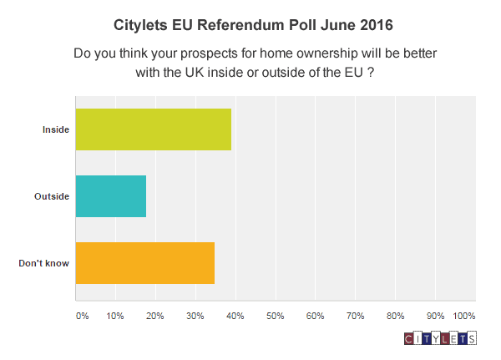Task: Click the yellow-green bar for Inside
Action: pos(154,129)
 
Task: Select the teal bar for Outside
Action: pos(111,196)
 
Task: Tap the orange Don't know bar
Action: pos(145,263)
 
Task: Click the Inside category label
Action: pos(56,129)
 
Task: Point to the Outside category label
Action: pos(52,196)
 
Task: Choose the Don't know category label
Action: pos(43,263)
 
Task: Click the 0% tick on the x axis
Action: pos(82,317)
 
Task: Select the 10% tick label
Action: pos(115,317)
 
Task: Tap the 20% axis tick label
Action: pos(155,317)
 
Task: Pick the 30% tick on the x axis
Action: pos(195,317)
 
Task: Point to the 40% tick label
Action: pos(235,317)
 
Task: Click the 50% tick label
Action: pos(276,317)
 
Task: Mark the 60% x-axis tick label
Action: pos(316,317)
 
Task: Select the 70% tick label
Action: pos(356,317)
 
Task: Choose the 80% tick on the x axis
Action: pos(396,317)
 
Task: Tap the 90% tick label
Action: pos(436,317)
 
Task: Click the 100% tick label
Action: pos(463,317)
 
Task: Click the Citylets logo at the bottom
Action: pos(439,339)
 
